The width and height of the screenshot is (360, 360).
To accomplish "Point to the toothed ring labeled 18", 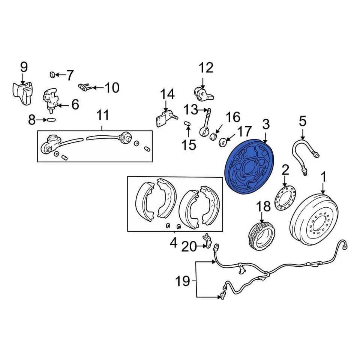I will tap(260, 233).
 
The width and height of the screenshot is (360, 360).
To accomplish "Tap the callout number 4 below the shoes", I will tap(173, 243).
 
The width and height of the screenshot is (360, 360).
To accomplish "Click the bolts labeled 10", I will tap(85, 87).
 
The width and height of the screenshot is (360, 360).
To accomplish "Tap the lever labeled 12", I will tap(202, 93).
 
